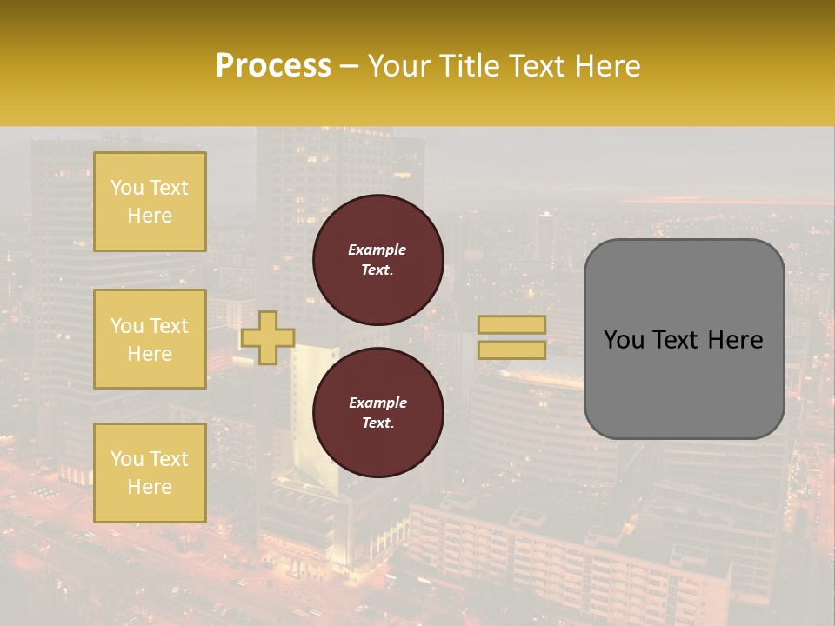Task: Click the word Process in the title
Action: (273, 66)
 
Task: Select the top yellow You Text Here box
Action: (150, 202)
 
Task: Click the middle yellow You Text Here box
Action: (150, 339)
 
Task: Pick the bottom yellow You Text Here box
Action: (150, 472)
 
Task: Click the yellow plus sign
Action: (268, 337)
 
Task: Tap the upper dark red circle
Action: (378, 260)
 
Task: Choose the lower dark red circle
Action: (378, 413)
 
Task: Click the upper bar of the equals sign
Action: (512, 325)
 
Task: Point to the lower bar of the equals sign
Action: (512, 350)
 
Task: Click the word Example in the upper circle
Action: (377, 250)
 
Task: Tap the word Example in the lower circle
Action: (377, 403)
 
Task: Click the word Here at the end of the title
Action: (608, 66)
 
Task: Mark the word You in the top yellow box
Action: (126, 188)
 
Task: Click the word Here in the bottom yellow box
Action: (150, 487)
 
